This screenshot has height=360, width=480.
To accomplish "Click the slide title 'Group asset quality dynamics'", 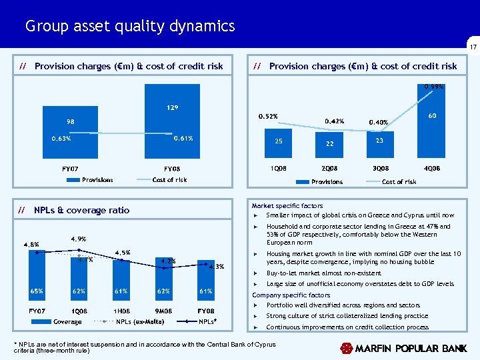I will click(130, 26).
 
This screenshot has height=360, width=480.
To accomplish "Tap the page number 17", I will click(471, 47).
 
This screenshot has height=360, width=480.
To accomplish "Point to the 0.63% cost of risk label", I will click(61, 139).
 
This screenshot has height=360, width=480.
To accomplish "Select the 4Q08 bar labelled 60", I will click(432, 127).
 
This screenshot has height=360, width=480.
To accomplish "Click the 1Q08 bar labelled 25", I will click(279, 146).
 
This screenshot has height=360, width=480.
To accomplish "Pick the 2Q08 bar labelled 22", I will click(329, 147).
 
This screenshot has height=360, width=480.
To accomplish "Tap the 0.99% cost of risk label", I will click(433, 86).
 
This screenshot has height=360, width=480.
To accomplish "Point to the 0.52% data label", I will click(268, 117).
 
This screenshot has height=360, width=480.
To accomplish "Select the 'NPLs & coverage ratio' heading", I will click(81, 210).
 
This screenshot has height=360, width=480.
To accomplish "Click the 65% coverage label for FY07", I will click(36, 291).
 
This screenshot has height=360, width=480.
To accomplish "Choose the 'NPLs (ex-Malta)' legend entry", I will click(141, 322).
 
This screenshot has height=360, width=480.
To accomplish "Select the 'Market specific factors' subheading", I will click(287, 206).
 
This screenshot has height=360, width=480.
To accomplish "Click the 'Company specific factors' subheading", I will click(291, 295).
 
